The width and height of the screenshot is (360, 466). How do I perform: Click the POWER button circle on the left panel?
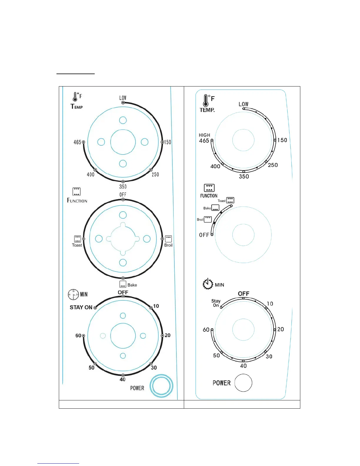pyautogui.click(x=161, y=386)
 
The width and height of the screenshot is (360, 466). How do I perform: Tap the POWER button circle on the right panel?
pyautogui.click(x=244, y=383)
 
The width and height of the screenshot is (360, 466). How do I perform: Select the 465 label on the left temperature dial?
pyautogui.click(x=77, y=142)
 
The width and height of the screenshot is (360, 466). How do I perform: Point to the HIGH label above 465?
pyautogui.click(x=204, y=135)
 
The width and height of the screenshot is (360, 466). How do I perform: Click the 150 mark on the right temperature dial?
pyautogui.click(x=282, y=140)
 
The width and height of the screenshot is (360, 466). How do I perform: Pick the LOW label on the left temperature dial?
pyautogui.click(x=123, y=98)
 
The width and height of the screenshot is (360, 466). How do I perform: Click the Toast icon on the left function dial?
pyautogui.click(x=77, y=239)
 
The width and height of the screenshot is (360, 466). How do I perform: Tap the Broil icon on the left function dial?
pyautogui.click(x=168, y=239)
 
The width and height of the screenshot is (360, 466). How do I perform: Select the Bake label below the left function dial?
pyautogui.click(x=132, y=285)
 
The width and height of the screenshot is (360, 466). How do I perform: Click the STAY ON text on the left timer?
pyautogui.click(x=81, y=307)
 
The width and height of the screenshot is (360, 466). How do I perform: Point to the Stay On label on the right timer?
pyautogui.click(x=216, y=303)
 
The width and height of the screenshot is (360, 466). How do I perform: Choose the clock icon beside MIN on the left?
pyautogui.click(x=73, y=294)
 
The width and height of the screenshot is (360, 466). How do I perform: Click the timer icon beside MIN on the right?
pyautogui.click(x=208, y=284)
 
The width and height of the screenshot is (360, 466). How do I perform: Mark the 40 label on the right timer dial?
pyautogui.click(x=244, y=366)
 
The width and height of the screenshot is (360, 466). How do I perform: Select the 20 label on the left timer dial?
pyautogui.click(x=167, y=335)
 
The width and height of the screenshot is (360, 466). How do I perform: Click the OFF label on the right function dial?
pyautogui.click(x=204, y=235)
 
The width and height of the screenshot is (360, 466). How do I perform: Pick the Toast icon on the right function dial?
pyautogui.click(x=230, y=200)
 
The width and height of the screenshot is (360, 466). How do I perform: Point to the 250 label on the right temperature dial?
pyautogui.click(x=273, y=165)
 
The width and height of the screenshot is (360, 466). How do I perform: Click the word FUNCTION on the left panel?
pyautogui.click(x=77, y=201)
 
